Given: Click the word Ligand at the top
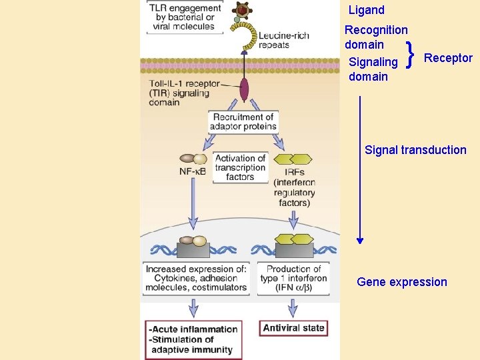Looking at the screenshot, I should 367,10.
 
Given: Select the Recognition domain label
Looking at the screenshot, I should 375,37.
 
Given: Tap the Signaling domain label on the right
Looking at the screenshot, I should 373,69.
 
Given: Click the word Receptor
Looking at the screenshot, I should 448,58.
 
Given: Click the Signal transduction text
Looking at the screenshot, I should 415,150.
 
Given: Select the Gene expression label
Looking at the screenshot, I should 402,282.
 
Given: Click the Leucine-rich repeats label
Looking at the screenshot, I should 283,40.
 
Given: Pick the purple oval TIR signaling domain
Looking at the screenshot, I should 244,89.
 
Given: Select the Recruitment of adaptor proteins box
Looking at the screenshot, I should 243,122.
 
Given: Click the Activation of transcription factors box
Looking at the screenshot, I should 240,167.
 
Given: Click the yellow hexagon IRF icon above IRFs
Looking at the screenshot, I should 293,159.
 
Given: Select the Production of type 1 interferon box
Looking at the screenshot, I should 293,279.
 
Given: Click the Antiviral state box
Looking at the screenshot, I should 293,328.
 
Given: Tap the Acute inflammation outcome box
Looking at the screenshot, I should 193,339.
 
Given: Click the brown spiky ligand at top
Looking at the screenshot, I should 241,10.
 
